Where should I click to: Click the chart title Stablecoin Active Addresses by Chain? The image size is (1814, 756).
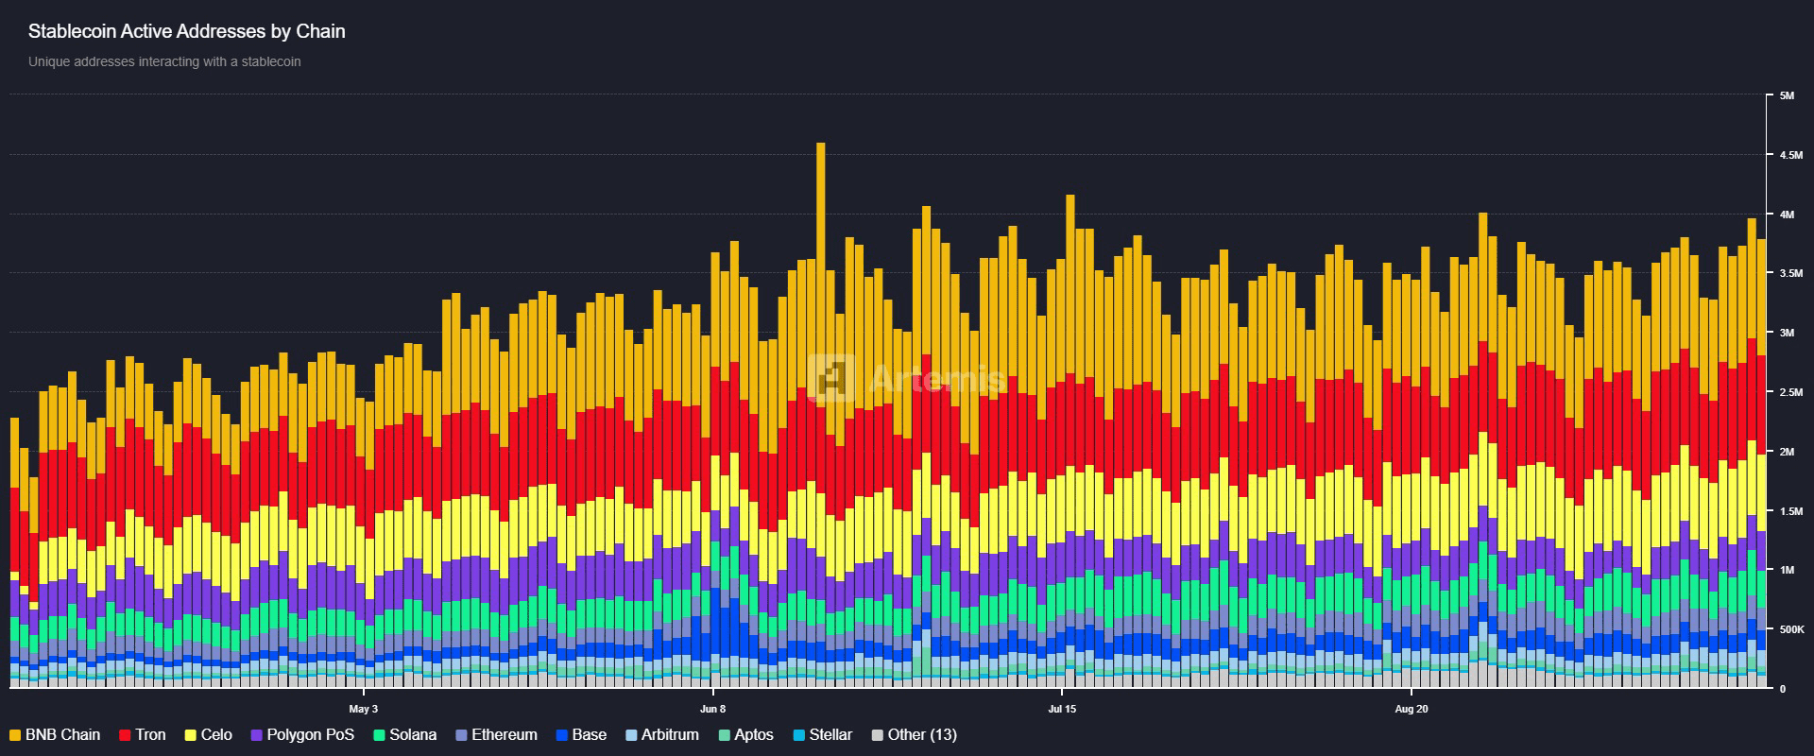click(187, 31)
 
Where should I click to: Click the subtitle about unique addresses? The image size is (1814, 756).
click(164, 61)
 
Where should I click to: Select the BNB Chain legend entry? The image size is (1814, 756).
click(55, 734)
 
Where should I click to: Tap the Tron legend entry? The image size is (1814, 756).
click(143, 734)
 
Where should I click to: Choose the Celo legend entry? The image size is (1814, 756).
click(208, 734)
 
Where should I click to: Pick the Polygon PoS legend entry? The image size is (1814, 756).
click(302, 734)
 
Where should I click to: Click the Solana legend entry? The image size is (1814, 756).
click(405, 734)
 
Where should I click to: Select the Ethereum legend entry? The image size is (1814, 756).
click(496, 734)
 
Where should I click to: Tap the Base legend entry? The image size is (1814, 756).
click(581, 734)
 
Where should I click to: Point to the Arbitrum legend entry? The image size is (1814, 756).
click(662, 734)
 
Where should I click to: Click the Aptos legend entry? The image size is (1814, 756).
click(745, 734)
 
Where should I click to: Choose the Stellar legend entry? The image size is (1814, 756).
click(822, 734)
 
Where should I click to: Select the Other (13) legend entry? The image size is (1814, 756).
click(914, 734)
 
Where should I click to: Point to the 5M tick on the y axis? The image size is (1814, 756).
click(1787, 95)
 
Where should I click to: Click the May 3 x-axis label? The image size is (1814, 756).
click(363, 708)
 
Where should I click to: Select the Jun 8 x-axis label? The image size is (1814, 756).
click(713, 708)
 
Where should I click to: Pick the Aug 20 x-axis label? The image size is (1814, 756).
click(1411, 708)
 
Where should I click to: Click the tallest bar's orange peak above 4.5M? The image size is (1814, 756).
click(820, 145)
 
